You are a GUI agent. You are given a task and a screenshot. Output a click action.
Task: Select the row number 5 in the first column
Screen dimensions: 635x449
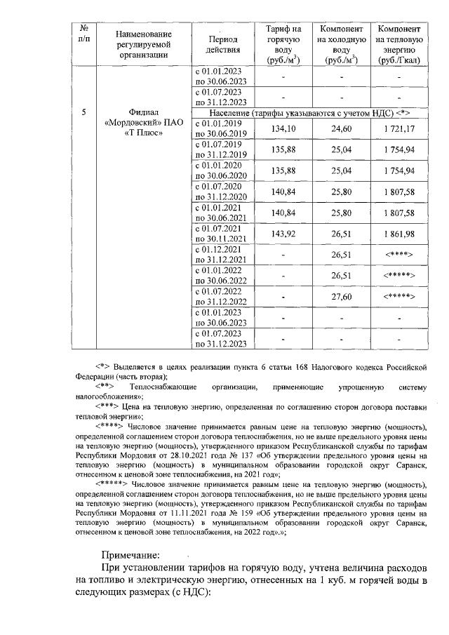click(x=84, y=112)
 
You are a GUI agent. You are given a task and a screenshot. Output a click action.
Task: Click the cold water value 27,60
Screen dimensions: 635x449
click(x=341, y=298)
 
